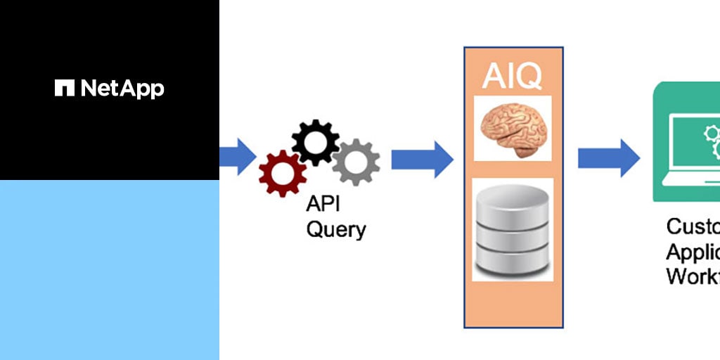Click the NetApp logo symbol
[65, 88]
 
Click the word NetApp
[122, 89]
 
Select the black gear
[315, 143]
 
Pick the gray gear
[356, 162]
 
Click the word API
[323, 205]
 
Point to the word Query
[336, 229]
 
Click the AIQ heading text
[513, 77]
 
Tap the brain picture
[513, 129]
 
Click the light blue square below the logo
[110, 270]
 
